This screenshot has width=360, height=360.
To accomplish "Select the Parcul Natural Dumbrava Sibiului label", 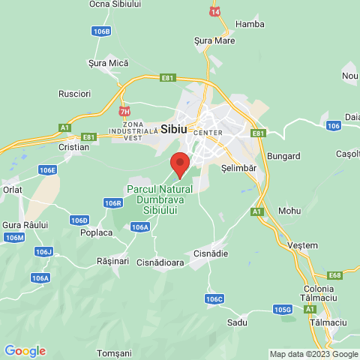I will [160, 199].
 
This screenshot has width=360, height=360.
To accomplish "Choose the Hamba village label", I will [250, 24].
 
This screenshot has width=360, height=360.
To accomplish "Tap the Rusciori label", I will [74, 94].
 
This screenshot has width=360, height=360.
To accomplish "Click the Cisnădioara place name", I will [160, 262].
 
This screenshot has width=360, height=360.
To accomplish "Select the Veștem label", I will [302, 245].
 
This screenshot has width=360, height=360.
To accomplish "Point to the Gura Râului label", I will [25, 225].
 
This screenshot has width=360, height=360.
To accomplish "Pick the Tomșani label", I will [115, 352].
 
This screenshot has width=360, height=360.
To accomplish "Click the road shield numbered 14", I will [216, 13].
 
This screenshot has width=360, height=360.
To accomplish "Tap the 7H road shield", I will [125, 112].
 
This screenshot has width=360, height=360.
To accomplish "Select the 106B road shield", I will [102, 31].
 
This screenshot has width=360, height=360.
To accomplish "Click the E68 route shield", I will [334, 275].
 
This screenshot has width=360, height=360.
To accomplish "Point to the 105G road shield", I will [283, 309].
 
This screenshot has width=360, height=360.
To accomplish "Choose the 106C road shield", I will [214, 298].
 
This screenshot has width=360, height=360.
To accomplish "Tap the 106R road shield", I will [113, 203].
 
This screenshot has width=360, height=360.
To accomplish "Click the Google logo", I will [25, 351].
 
